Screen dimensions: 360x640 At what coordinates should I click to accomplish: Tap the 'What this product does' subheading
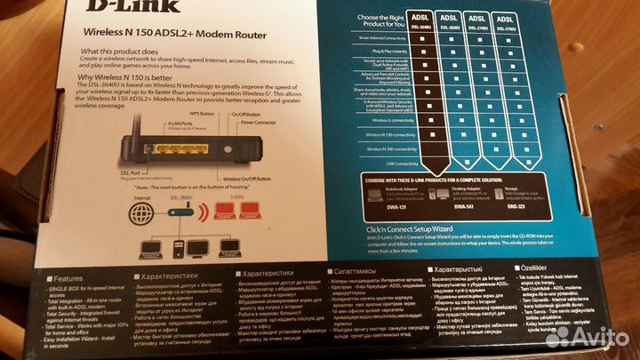(x=125, y=52)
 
